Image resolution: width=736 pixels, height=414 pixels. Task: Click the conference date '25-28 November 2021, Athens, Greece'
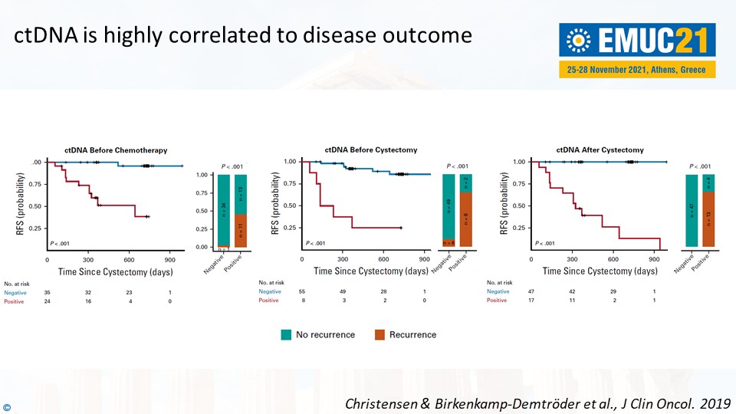click(638, 69)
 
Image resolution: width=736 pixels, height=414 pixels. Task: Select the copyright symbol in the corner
click(7, 406)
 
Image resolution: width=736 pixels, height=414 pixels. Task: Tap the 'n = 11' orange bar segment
click(241, 229)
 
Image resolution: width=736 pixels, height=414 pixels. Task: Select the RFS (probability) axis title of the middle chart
click(275, 204)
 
